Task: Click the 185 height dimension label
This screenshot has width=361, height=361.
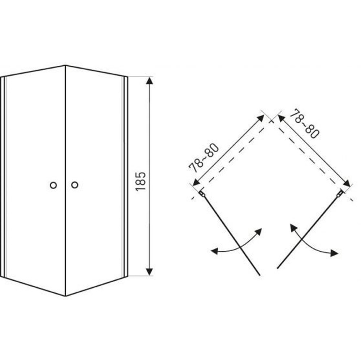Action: tap(141, 182)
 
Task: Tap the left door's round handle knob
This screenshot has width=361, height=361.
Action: tap(53, 185)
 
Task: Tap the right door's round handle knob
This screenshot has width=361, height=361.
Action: tap(75, 184)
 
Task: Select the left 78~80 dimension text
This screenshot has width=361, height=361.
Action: tap(204, 158)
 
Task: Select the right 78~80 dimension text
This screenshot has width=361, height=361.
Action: tap(304, 124)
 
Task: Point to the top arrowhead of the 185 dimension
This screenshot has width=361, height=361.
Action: tap(150, 81)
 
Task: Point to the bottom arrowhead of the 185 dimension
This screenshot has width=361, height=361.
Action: tap(150, 272)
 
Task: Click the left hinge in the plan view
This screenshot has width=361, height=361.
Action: tap(202, 193)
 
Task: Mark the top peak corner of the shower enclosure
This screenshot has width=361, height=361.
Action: tap(65, 66)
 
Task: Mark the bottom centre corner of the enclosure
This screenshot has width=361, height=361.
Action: tap(66, 296)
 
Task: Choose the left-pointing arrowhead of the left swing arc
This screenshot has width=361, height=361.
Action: tap(214, 251)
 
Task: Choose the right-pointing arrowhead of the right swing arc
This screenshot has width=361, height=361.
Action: tap(335, 253)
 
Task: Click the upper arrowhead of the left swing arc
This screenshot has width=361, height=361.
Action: tap(259, 232)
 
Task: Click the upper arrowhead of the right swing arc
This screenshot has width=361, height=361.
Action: tap(293, 228)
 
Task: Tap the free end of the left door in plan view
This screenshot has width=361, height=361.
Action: tap(260, 275)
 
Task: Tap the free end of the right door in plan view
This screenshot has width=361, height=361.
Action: tap(278, 268)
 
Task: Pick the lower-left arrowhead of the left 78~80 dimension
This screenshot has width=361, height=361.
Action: tap(196, 183)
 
